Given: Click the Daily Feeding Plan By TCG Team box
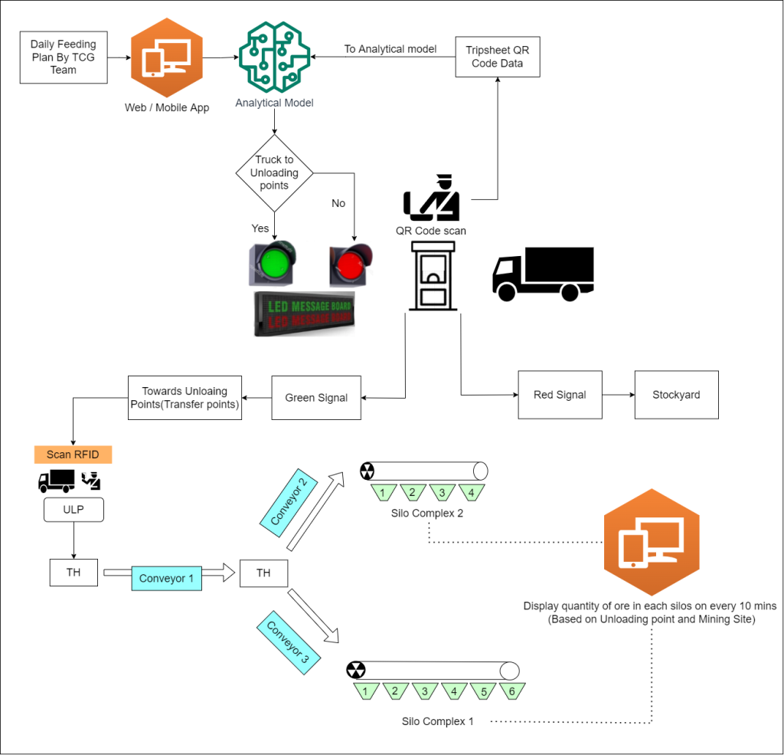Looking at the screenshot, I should tap(64, 57).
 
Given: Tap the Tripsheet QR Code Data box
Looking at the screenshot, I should tap(497, 57).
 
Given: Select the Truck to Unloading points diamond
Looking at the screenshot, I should tap(274, 173).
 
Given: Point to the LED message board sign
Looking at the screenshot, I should tap(305, 313).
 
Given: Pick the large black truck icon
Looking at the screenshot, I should tap(543, 274).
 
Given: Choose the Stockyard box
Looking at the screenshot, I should tap(676, 395).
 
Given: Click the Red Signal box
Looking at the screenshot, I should tap(560, 395).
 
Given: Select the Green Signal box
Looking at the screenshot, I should tap(316, 398).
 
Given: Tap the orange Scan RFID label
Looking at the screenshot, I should tap(73, 455).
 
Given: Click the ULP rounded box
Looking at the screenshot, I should tap(73, 510).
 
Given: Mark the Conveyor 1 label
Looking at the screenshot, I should tap(166, 578).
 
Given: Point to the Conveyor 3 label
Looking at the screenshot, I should tap(289, 641).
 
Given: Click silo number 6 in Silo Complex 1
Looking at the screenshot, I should tap(512, 691).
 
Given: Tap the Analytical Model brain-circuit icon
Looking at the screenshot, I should tap(275, 57).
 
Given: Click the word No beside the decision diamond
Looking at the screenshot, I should tap(338, 203).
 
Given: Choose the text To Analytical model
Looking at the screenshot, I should tap(390, 49).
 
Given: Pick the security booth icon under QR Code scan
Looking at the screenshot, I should tap(433, 275).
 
